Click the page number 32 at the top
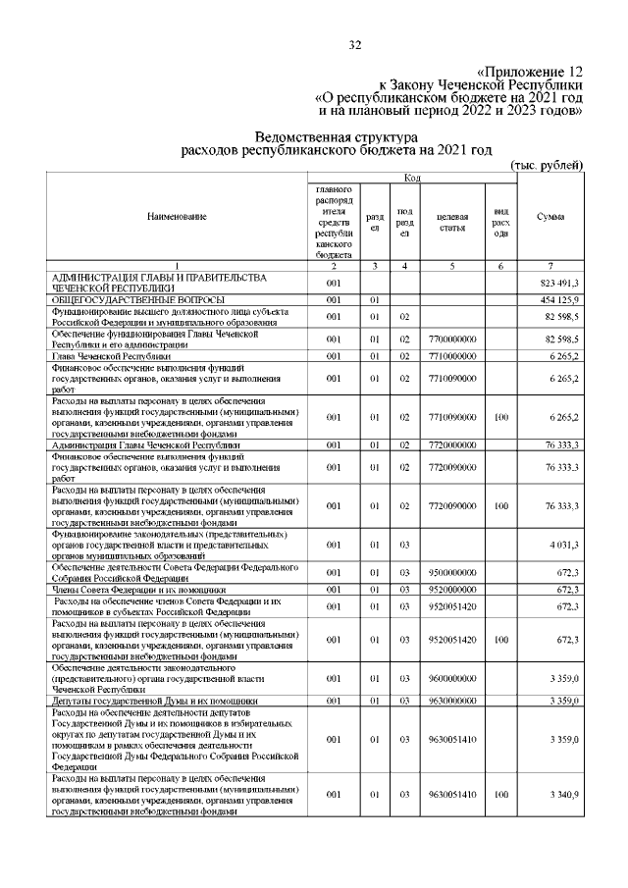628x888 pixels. coord(355,44)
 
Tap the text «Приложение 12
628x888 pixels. coord(531,72)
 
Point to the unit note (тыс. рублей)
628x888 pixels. coord(549,164)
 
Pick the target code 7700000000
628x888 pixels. coord(452,339)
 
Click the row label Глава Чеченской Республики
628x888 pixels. coord(109,356)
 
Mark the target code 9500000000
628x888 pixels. coord(452,572)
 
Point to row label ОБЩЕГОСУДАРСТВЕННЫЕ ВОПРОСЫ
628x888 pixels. coord(138,298)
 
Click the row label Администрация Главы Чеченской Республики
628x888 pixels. coord(138,444)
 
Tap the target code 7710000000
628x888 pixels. coord(452,356)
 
